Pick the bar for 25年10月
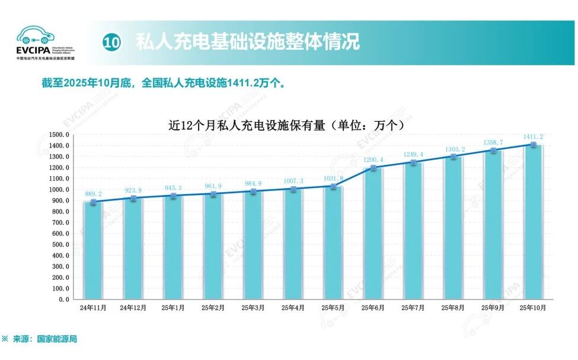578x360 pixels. pyautogui.click(x=533, y=222)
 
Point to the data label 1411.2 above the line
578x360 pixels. pyautogui.click(x=533, y=136)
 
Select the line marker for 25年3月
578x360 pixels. pyautogui.click(x=253, y=192)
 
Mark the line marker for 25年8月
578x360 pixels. pyautogui.click(x=453, y=157)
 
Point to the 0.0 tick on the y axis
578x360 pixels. pyautogui.click(x=63, y=300)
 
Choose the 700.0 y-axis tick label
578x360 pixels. pyautogui.click(x=60, y=222)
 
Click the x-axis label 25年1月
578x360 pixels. pyautogui.click(x=173, y=308)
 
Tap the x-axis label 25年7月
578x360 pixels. pyautogui.click(x=413, y=308)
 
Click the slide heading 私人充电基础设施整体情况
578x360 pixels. pyautogui.click(x=248, y=43)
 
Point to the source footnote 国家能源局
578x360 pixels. pyautogui.click(x=57, y=339)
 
